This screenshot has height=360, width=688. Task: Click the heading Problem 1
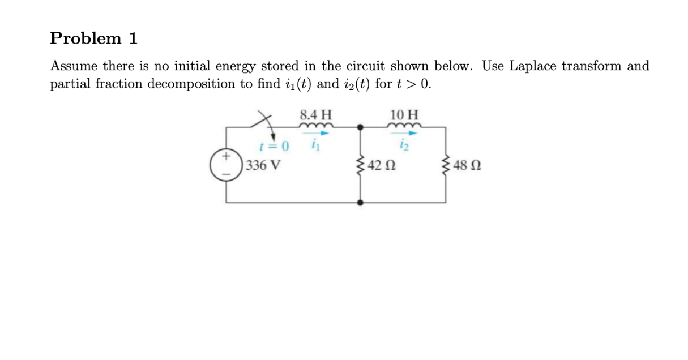(x=93, y=38)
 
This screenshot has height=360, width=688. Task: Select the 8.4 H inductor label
(x=315, y=114)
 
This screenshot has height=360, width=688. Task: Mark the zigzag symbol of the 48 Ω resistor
(x=446, y=165)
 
